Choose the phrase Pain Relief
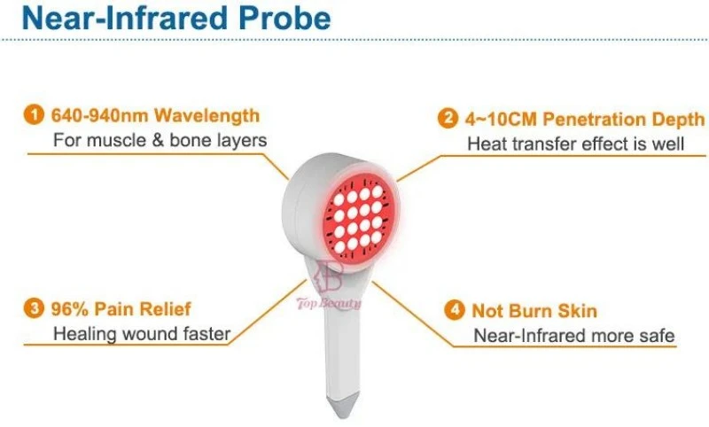point(144,310)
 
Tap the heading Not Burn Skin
point(534,312)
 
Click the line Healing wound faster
point(142,334)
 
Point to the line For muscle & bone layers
point(160,140)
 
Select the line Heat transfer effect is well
point(575,144)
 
